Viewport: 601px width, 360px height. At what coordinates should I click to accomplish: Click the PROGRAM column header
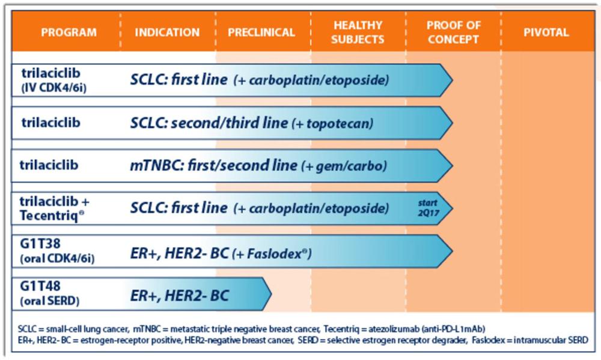point(69,32)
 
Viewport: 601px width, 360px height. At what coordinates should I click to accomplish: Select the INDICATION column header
point(167,32)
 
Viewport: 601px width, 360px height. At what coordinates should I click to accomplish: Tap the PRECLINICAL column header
point(261,32)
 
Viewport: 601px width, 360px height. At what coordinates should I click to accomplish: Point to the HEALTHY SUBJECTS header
point(358,32)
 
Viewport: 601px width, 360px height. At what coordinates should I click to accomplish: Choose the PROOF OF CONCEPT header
point(453,32)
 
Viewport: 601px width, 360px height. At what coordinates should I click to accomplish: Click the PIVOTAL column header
point(546,32)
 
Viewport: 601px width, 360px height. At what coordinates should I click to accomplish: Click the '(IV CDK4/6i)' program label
point(54,88)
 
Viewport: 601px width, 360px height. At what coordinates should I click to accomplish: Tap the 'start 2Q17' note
point(429,208)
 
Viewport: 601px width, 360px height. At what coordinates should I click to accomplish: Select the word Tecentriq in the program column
point(50,216)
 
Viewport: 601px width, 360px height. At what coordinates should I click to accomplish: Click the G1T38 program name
point(40,243)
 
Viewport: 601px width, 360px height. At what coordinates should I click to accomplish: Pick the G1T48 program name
point(40,286)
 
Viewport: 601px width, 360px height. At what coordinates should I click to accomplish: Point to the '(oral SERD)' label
point(50,301)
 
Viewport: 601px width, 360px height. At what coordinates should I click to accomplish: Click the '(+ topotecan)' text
point(332,123)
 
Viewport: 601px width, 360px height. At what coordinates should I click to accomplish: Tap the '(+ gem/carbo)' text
point(344,166)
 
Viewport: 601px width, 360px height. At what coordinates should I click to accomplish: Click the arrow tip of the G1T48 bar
point(272,294)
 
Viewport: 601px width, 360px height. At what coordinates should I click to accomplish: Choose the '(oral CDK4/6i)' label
point(58,259)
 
